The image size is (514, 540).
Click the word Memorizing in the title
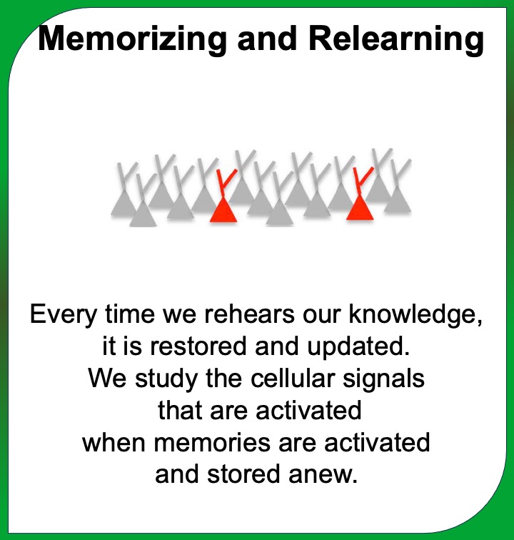[x=132, y=39]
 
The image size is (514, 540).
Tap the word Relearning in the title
[x=396, y=39]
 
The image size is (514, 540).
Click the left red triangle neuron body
[x=223, y=210]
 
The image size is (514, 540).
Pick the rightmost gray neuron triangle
[x=398, y=201]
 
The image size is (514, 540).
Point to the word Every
[x=64, y=315]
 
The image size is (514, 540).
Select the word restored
[x=198, y=346]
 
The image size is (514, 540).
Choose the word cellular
[x=293, y=378]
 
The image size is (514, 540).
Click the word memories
[x=212, y=443]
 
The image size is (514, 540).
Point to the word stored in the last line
[x=243, y=474]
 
